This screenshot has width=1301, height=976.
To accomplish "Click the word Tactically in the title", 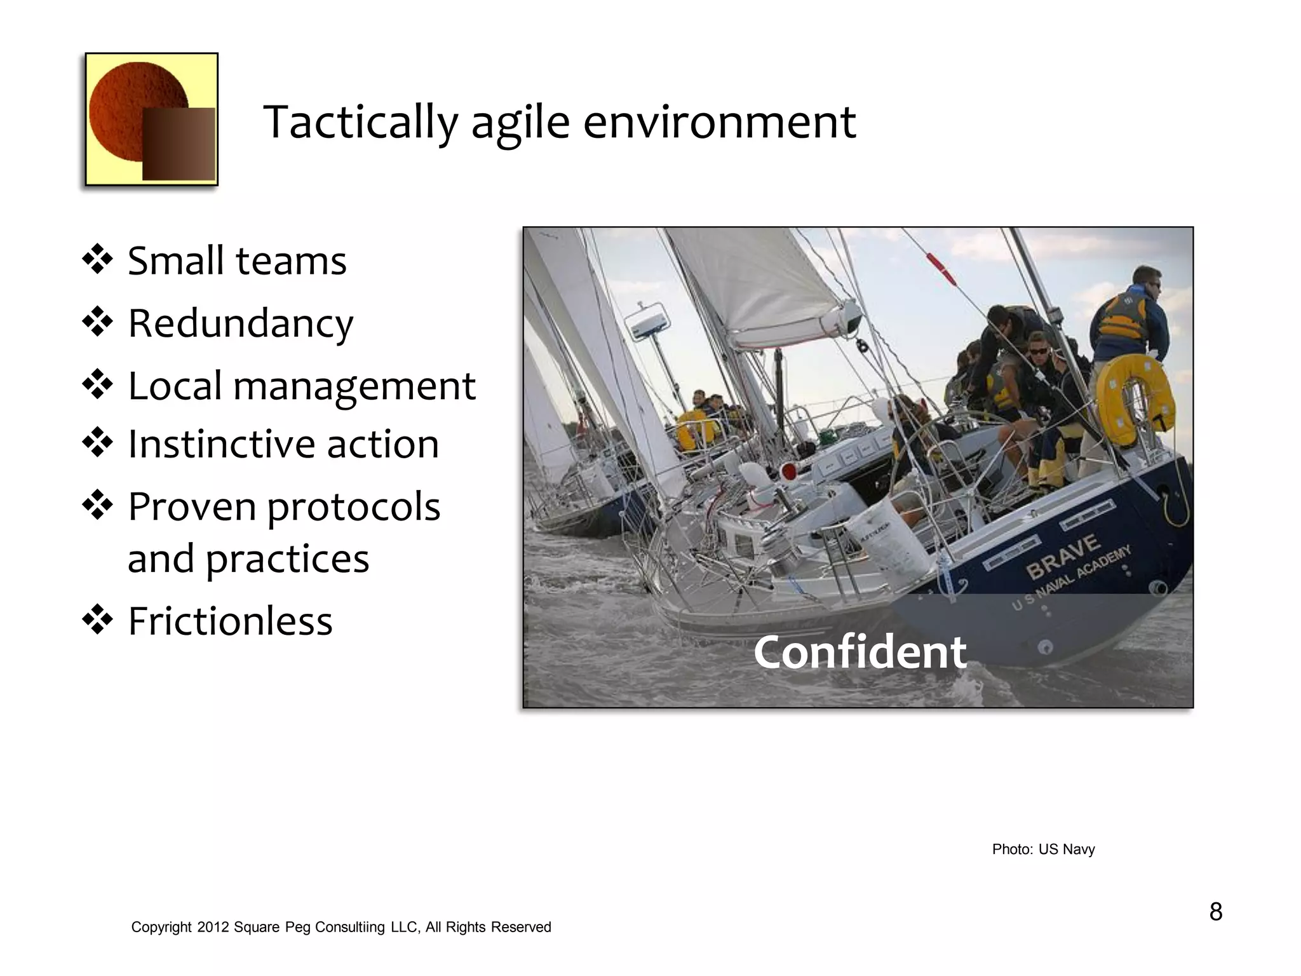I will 360,122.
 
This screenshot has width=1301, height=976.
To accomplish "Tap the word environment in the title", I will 719,122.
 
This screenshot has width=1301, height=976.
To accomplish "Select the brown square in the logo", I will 179,144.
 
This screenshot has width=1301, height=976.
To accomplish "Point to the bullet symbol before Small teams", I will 97,260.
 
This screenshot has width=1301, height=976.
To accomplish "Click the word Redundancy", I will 240,323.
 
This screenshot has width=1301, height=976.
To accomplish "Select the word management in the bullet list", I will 354,386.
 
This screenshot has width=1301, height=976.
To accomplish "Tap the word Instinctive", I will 220,444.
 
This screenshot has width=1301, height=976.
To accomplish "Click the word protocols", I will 353,506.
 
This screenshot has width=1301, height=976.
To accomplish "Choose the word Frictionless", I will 230,621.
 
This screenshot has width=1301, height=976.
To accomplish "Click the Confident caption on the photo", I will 859,653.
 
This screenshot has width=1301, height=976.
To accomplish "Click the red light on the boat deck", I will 789,471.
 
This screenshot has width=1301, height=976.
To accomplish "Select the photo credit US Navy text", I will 1066,849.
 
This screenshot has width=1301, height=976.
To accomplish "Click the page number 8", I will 1215,912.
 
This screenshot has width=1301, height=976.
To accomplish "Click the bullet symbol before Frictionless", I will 97,620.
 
